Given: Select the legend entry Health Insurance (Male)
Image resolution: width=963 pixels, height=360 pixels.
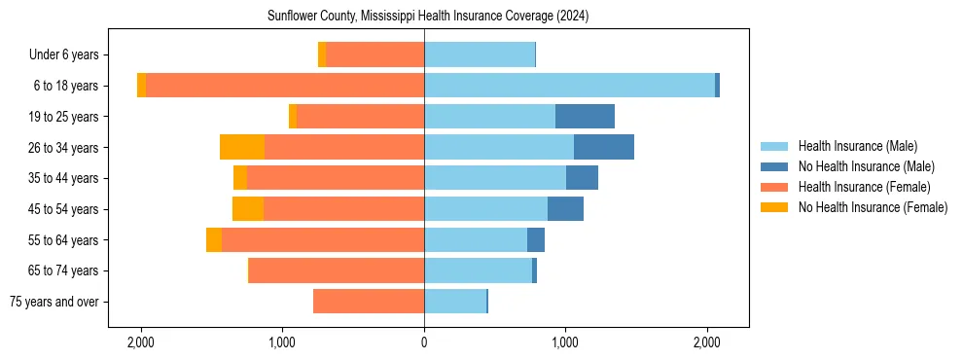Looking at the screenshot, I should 857,146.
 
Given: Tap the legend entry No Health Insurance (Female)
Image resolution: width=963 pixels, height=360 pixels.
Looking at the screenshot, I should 873,207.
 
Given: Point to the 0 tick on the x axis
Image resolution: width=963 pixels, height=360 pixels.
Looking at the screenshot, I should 424,342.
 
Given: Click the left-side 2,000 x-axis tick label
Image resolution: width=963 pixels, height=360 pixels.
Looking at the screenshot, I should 141,342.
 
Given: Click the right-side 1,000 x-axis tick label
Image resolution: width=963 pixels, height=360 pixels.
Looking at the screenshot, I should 565,342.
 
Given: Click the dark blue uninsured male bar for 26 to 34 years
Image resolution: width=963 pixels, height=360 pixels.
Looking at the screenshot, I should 604,147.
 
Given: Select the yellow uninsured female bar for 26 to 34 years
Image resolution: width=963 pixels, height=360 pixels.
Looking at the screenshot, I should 242,147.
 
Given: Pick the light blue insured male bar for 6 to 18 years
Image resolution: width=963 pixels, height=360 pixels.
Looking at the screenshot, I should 569,86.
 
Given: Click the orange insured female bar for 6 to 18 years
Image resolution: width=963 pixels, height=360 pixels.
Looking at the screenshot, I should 285,86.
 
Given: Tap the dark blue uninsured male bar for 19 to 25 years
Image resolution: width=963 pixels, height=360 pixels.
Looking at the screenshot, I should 585,117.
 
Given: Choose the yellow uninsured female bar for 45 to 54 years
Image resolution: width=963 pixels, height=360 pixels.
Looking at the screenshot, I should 248,209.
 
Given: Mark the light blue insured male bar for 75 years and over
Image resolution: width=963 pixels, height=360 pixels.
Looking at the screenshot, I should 455,302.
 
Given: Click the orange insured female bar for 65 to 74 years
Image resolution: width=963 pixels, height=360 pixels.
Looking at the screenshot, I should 337,270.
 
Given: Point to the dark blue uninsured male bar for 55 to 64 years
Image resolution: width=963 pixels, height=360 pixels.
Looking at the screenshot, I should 536,239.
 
